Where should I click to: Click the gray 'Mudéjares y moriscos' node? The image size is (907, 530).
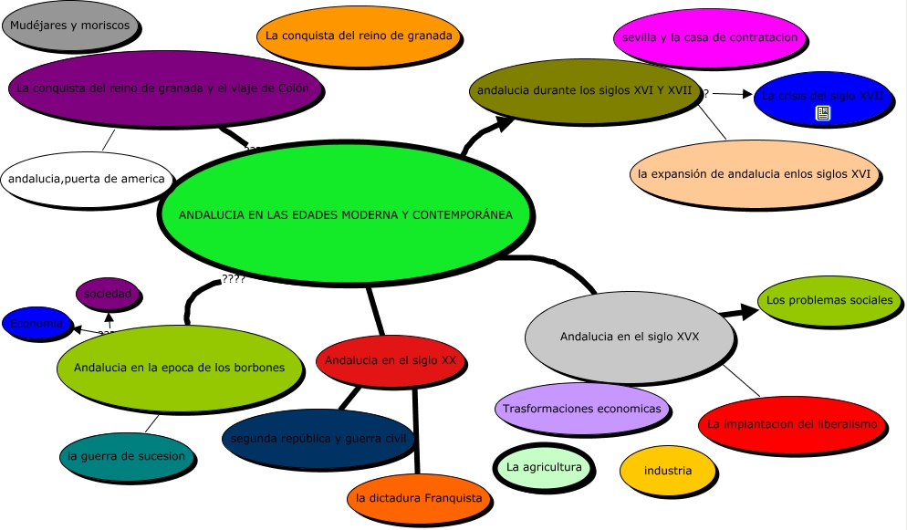tap(69, 26)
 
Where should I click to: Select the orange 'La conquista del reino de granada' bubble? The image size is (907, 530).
tap(359, 36)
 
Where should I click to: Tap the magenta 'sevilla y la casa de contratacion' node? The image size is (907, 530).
tap(710, 37)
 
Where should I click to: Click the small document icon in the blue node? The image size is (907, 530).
tap(823, 113)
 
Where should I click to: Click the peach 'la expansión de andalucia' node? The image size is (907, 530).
tap(755, 173)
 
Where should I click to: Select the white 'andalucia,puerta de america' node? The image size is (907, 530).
tap(87, 179)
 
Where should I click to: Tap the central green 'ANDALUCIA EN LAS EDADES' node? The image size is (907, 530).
tap(346, 215)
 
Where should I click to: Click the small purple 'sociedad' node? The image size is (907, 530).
tap(109, 294)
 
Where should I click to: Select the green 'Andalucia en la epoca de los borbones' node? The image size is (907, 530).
tap(179, 368)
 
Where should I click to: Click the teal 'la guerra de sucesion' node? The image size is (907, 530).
tap(127, 456)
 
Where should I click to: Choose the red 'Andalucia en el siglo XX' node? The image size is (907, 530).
tap(391, 360)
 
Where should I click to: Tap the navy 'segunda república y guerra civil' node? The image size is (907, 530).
tap(318, 439)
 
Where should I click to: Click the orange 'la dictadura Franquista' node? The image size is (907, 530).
tap(419, 498)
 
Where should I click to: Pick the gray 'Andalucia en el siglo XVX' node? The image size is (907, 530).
tap(630, 337)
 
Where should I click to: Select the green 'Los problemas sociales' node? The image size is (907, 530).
tap(829, 299)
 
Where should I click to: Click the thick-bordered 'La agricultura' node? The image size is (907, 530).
tap(544, 468)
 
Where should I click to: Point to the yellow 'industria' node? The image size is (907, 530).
tap(667, 471)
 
